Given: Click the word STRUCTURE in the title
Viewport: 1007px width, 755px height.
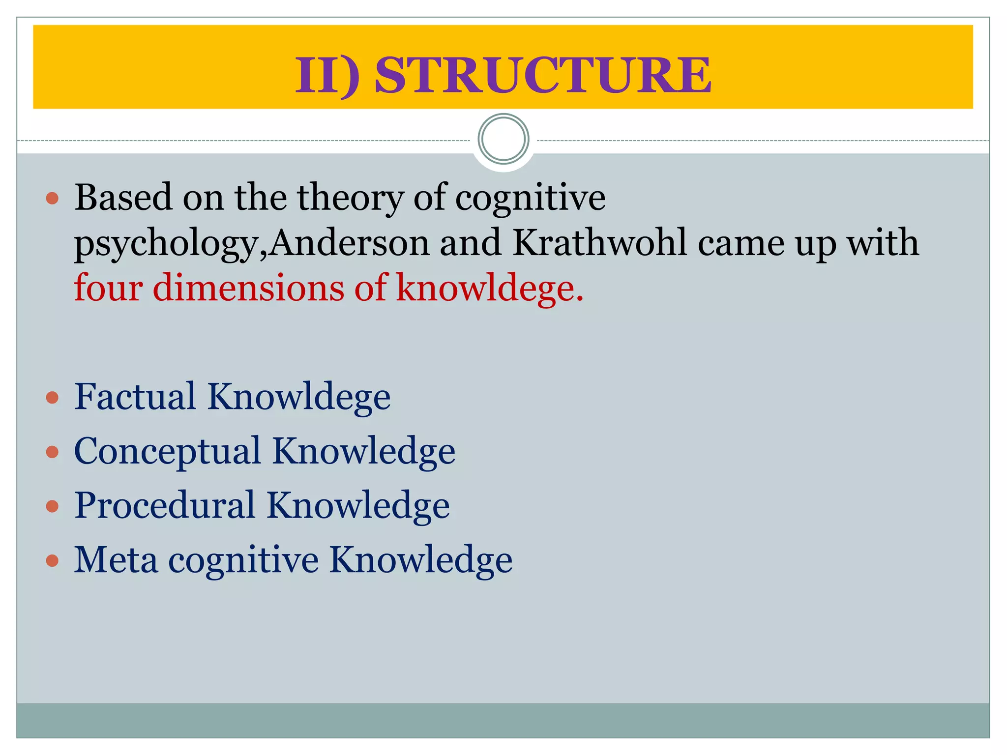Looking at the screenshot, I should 542,75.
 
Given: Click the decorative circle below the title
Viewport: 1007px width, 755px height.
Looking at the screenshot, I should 503,139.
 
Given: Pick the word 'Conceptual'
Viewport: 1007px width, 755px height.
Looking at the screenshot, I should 167,451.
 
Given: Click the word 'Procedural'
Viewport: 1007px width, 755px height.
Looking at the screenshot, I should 165,505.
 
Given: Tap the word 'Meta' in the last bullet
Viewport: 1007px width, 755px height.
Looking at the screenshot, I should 116,559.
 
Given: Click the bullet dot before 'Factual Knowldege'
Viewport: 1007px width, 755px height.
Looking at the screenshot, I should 52,397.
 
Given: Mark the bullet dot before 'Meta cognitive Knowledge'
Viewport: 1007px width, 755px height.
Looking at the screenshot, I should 52,560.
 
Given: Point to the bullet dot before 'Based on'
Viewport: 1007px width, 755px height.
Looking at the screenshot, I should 52,199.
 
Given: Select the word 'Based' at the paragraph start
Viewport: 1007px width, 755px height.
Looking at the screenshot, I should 123,197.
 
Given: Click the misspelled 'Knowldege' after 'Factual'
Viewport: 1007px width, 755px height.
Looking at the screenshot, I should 299,397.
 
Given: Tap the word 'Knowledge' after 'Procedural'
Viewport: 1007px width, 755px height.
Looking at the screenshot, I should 358,505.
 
